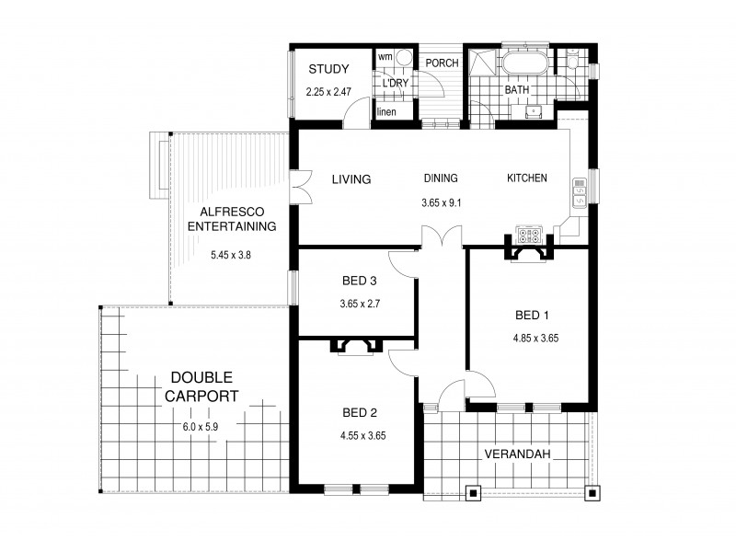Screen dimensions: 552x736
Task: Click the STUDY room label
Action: (328, 69)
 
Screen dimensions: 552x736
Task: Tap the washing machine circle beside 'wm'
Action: (401, 58)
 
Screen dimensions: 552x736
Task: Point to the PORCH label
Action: (442, 63)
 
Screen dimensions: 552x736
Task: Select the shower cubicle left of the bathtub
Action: (480, 64)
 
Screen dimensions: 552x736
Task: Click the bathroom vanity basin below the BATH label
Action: (533, 112)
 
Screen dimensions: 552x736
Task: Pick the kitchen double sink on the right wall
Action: (581, 191)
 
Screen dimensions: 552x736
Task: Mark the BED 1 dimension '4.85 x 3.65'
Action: (536, 338)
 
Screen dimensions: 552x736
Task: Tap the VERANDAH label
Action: (511, 454)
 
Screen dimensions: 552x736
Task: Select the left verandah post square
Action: (473, 492)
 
